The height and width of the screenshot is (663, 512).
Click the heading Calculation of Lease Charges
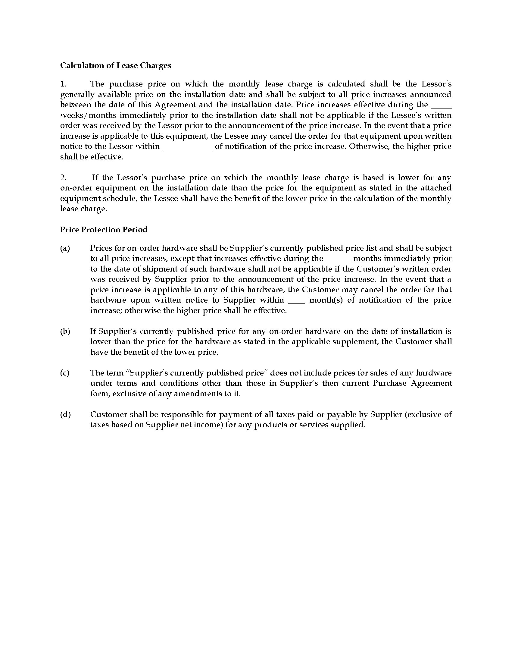point(115,66)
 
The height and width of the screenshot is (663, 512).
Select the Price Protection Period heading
point(104,230)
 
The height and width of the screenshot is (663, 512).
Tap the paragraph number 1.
point(63,84)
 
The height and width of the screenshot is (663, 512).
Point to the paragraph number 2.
point(63,178)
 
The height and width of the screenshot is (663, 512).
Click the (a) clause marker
point(65,248)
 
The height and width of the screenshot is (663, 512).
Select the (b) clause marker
point(65,331)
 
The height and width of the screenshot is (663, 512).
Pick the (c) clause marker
point(65,373)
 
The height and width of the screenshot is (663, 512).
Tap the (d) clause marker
point(65,414)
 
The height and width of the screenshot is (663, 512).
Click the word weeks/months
point(88,115)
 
